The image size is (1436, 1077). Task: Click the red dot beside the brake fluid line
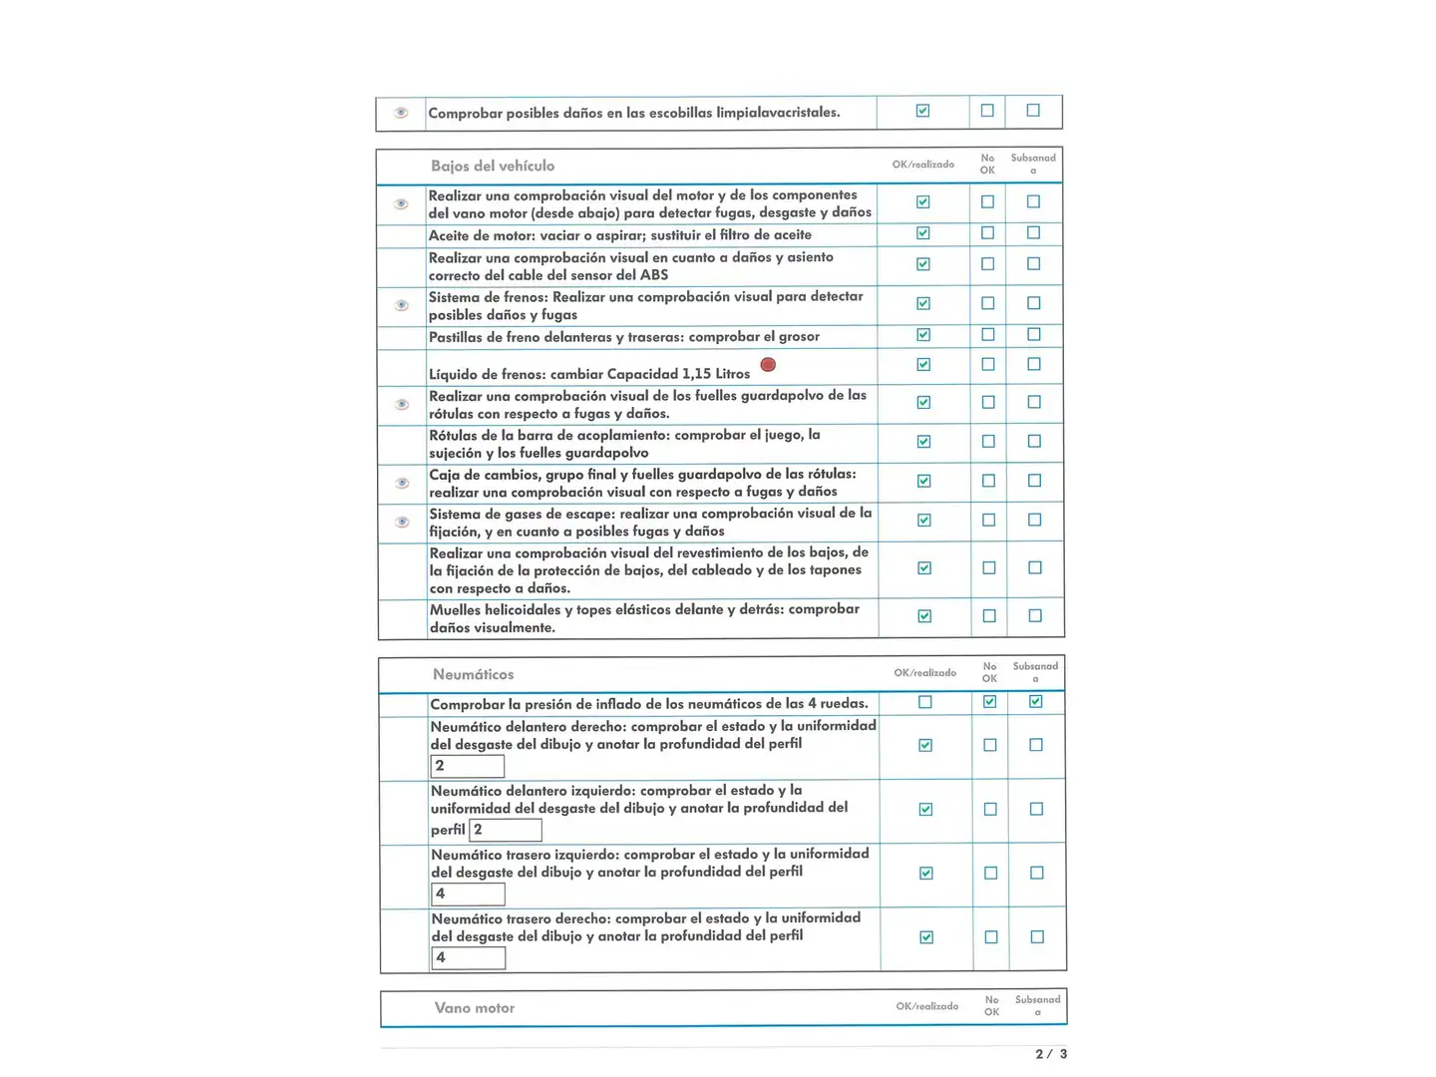pyautogui.click(x=768, y=365)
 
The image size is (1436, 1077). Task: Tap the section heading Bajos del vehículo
pyautogui.click(x=493, y=167)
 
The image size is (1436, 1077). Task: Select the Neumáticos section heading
pyautogui.click(x=474, y=675)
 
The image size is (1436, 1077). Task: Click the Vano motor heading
pyautogui.click(x=475, y=1008)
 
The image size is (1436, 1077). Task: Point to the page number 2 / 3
pyautogui.click(x=1051, y=1054)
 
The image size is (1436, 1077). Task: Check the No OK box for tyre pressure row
pyautogui.click(x=989, y=702)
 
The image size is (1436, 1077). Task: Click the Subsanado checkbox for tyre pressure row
pyautogui.click(x=1036, y=702)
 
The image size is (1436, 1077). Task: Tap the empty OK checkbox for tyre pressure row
pyautogui.click(x=925, y=702)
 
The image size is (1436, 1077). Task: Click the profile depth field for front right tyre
pyautogui.click(x=468, y=766)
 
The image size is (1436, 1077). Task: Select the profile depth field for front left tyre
pyautogui.click(x=506, y=830)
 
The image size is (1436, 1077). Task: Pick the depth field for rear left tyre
pyautogui.click(x=468, y=894)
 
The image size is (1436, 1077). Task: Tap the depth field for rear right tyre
pyautogui.click(x=468, y=957)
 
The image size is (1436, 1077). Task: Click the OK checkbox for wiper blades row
pyautogui.click(x=923, y=111)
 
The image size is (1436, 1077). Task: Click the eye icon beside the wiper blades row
pyautogui.click(x=401, y=113)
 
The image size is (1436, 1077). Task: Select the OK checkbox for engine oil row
pyautogui.click(x=923, y=233)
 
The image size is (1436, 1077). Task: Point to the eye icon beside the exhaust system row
pyautogui.click(x=402, y=523)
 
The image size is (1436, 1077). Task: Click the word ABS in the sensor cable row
pyautogui.click(x=654, y=275)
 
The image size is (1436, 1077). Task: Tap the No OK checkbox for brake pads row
pyautogui.click(x=988, y=335)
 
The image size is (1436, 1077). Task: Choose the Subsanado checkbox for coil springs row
pyautogui.click(x=1035, y=616)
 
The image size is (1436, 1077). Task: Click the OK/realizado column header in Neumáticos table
pyautogui.click(x=925, y=673)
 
